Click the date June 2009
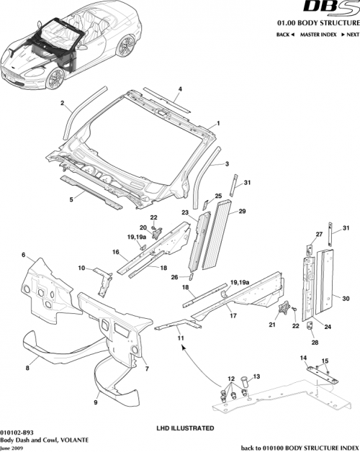pyautogui.click(x=10, y=447)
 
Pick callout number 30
pyautogui.click(x=345, y=298)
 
